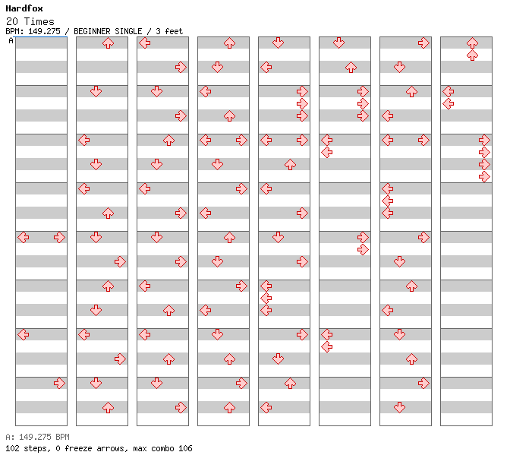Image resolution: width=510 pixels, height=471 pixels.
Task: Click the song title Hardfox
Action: [24, 8]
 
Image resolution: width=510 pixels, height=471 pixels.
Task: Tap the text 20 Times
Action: [30, 21]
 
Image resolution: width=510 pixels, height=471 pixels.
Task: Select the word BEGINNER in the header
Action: [92, 31]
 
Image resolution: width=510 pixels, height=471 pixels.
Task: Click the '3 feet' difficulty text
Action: [169, 31]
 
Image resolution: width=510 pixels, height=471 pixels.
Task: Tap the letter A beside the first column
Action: [11, 41]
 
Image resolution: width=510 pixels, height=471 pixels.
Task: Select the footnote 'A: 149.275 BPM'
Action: [37, 437]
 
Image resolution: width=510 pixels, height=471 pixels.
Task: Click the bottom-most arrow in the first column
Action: [59, 384]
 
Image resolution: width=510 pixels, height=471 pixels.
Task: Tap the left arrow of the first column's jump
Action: [23, 238]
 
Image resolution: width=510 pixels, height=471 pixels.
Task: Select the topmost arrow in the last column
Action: [472, 43]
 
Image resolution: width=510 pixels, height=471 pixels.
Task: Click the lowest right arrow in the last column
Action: [484, 177]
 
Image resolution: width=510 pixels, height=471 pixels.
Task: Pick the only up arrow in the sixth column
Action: [351, 68]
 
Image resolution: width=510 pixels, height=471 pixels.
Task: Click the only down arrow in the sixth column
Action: [339, 43]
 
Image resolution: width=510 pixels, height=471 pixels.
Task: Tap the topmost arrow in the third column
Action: [145, 43]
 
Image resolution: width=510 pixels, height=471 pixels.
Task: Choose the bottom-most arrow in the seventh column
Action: [399, 407]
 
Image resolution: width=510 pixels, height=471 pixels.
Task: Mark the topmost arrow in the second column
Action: [108, 43]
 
